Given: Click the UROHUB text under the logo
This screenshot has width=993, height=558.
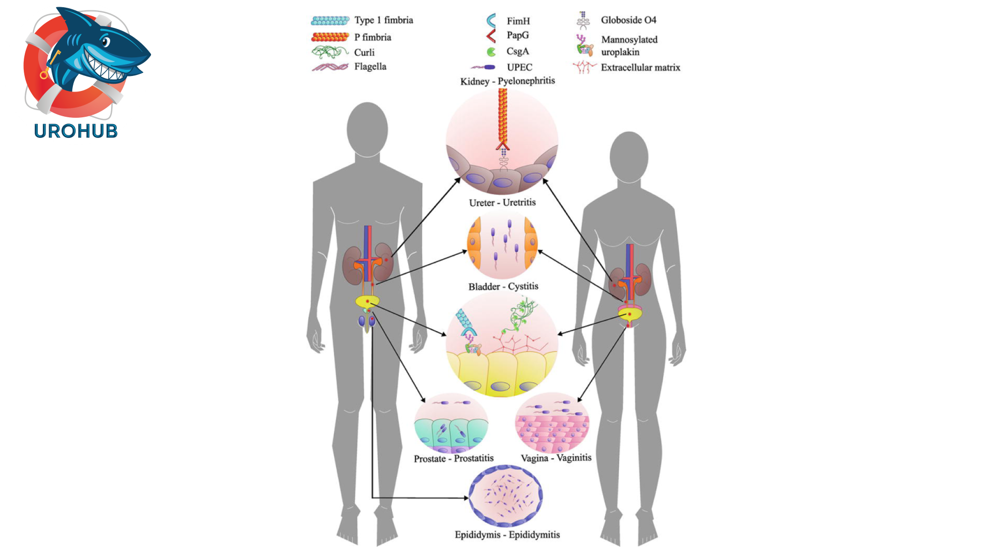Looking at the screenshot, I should coord(76,131).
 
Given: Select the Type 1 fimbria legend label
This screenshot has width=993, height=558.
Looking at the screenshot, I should coord(383,20).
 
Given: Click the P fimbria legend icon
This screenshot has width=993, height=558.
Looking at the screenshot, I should coord(330,37).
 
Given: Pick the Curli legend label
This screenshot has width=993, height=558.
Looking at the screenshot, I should coord(364,52).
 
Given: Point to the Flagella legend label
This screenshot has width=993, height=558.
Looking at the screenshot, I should coord(370,67).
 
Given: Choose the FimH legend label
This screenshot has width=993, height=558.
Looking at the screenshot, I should coord(518,21).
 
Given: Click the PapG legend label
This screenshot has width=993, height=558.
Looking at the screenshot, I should coord(518,35).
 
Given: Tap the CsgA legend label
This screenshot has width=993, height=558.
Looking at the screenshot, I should coord(518,51).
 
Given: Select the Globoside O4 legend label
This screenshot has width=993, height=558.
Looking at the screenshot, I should coord(628,20).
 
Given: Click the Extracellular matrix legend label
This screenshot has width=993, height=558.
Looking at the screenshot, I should coord(640,68).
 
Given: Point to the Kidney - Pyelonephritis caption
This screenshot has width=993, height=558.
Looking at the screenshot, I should coord(507,81).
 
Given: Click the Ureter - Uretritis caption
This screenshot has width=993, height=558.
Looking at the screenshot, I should coord(502,203).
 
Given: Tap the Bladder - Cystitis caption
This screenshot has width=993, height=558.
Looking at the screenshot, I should coord(503,286).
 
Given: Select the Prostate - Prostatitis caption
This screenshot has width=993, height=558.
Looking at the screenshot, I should coord(454,458).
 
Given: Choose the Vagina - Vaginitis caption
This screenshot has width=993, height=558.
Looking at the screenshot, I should coord(556,458).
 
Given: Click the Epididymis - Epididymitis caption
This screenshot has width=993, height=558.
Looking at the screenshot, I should coord(507,535).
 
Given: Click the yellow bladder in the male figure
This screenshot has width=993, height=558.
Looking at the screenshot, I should coord(367,302).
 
